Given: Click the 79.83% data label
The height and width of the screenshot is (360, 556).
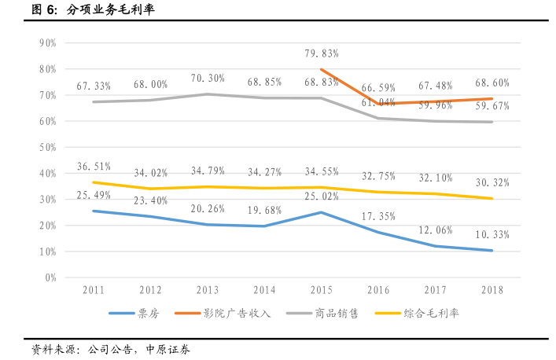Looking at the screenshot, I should pos(321,53).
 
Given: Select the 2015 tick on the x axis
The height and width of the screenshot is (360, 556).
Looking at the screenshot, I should pos(321,289).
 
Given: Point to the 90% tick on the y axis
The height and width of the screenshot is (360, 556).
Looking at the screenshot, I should pos(46,43).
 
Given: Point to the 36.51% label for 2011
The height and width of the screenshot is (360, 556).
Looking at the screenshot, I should pos(94,167).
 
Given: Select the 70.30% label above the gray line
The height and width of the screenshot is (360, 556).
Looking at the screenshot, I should pos(208,79).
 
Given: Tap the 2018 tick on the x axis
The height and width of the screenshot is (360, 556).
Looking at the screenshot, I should pos(492,289).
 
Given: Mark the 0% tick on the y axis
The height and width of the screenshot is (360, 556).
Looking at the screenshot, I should pos(50,277).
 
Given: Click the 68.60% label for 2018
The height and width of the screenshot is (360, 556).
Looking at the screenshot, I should pos(492,83).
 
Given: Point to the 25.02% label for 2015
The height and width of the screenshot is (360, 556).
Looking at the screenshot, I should pos(321,197).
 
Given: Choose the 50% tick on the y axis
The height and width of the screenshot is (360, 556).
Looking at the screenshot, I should pos(46,147).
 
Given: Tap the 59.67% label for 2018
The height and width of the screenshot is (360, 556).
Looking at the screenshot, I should pos(492,106).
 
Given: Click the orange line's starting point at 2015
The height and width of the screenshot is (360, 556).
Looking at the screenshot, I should pos(321,69).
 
